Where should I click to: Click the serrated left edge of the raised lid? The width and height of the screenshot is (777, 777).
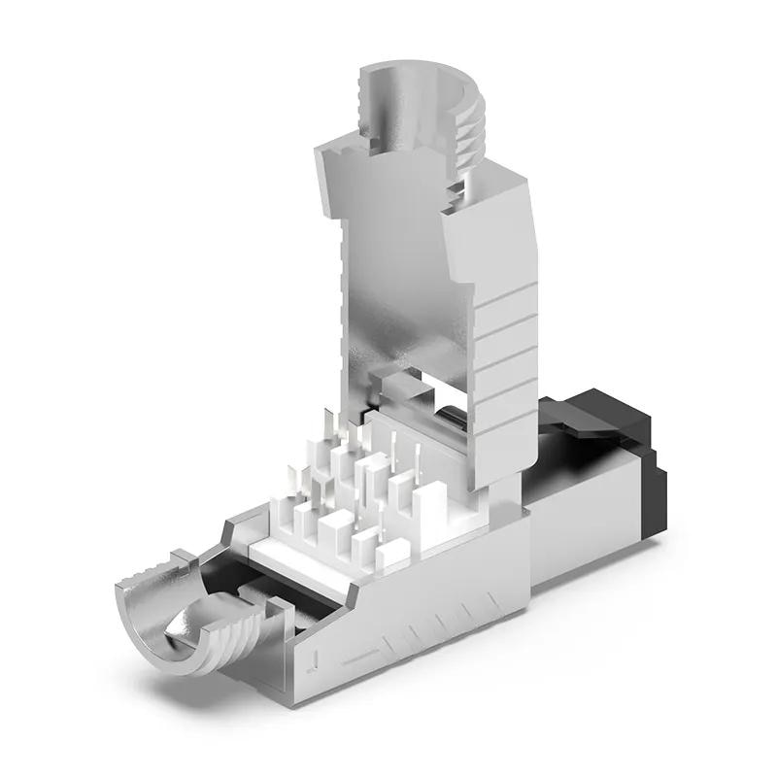pyautogui.click(x=340, y=291)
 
